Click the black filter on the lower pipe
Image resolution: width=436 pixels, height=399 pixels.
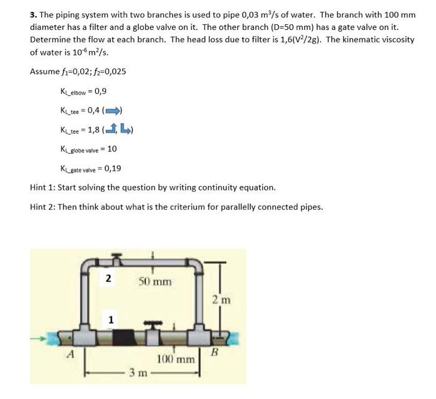tap(131, 338)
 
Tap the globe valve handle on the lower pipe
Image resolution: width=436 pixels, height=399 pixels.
tap(153, 324)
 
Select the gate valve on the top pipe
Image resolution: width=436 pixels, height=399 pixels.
tap(114, 257)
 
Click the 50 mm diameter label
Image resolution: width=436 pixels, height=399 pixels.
tap(154, 281)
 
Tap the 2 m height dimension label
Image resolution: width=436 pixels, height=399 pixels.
tap(229, 300)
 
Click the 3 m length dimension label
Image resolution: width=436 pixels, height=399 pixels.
tap(137, 373)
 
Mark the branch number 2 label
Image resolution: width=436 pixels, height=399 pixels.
tap(108, 278)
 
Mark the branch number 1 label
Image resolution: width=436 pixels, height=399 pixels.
tap(111, 319)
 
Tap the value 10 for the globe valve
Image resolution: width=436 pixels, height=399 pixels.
tap(112, 149)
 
